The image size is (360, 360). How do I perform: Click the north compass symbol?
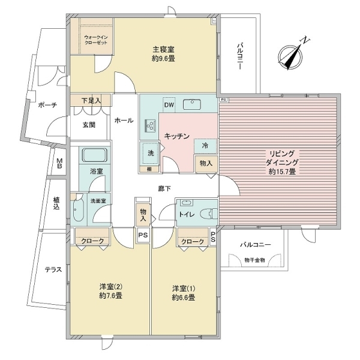coord(290,57)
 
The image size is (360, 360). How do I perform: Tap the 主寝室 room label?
coord(163,50)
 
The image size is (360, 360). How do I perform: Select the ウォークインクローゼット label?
coord(96,40)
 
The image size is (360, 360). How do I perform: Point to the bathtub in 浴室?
coord(95,155)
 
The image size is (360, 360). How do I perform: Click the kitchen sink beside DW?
coord(192,104)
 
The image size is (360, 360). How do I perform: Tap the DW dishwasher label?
coord(169,105)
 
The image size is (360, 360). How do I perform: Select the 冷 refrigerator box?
coord(205,146)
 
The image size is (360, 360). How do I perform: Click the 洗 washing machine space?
coord(151,153)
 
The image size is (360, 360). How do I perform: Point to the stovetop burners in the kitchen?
coord(151,125)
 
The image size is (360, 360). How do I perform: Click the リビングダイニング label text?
coord(282,158)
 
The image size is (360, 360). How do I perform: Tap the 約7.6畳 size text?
coord(110,295)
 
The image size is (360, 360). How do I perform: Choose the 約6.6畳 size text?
coord(184,298)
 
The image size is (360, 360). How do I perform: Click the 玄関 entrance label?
coord(89,125)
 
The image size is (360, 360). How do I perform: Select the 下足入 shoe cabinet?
coord(91,100)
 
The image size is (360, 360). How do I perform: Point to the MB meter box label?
coord(59,163)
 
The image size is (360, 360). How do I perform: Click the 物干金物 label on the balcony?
coord(255,260)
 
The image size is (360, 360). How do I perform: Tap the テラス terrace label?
coord(53,269)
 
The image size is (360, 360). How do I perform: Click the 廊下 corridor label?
coord(164,188)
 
